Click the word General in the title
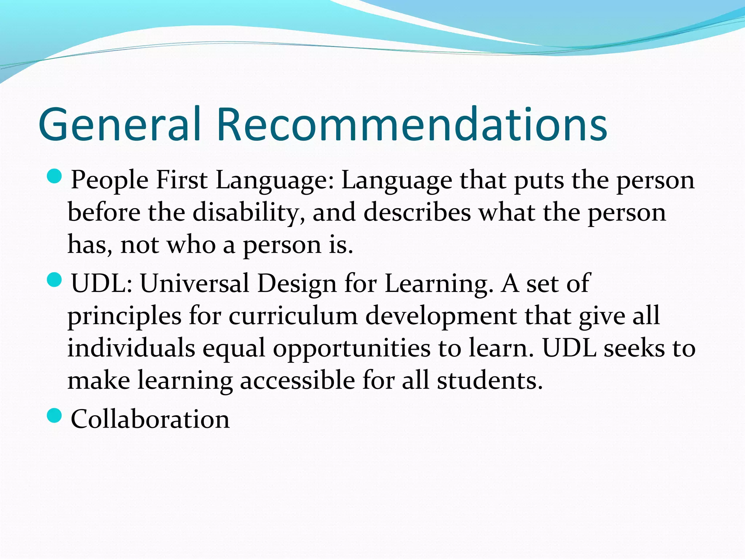(120, 124)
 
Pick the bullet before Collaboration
(55, 416)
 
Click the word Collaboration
(150, 419)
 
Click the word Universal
(195, 284)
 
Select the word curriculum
(293, 316)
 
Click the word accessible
(297, 380)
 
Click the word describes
(417, 212)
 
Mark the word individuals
(131, 348)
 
